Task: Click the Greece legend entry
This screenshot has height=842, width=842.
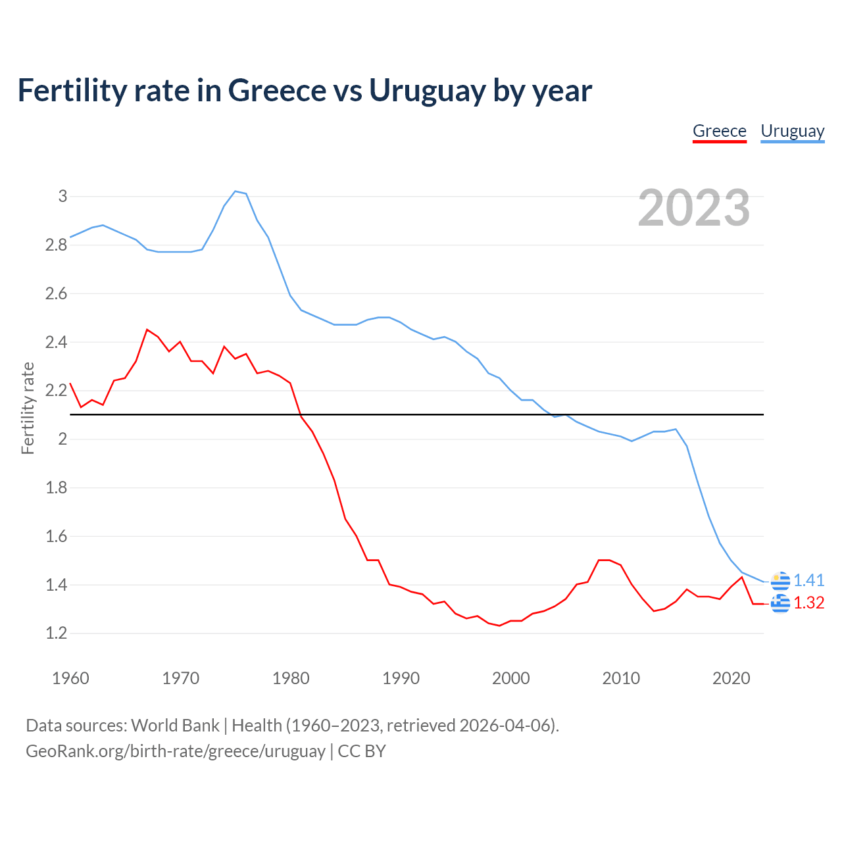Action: (719, 131)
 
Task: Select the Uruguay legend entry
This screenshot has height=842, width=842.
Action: (792, 131)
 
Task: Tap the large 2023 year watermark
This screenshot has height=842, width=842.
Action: (694, 208)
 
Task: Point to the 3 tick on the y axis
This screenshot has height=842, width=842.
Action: (63, 196)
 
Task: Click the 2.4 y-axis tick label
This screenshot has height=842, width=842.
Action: (57, 342)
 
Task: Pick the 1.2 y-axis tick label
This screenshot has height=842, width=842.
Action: (57, 633)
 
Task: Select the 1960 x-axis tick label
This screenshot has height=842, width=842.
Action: (70, 678)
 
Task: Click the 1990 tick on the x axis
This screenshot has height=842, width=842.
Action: (401, 678)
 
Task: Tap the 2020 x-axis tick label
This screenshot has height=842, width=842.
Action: (731, 678)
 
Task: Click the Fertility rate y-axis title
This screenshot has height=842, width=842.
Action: (28, 408)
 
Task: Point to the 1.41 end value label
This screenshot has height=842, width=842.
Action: (808, 580)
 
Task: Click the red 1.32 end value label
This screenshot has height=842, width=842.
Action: (808, 603)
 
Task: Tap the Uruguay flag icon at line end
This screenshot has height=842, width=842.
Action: (780, 581)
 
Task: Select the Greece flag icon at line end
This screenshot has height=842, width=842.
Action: (780, 603)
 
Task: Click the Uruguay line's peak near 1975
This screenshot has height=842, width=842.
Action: (235, 191)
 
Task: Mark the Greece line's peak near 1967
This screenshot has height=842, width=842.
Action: (147, 330)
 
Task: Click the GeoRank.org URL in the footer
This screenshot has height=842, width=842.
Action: (176, 751)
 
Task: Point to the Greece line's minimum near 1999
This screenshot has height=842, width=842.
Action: (500, 626)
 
